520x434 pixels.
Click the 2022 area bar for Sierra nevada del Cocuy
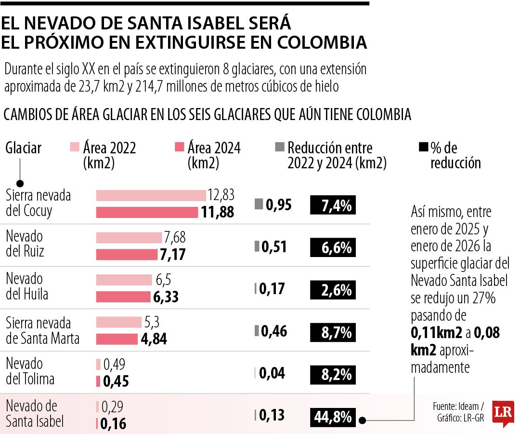(151, 195)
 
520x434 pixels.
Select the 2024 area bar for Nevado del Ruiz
(127, 255)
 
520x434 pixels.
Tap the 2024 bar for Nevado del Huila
(123, 297)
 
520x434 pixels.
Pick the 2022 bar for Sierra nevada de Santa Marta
(119, 322)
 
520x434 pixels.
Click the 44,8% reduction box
(334, 416)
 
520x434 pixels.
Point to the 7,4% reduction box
(334, 205)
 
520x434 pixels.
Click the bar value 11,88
(218, 212)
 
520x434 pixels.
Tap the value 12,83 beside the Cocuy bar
(221, 195)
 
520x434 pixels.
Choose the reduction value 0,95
(279, 205)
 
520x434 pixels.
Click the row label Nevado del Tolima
(30, 371)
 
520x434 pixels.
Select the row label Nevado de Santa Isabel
(34, 414)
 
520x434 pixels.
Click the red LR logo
(503, 413)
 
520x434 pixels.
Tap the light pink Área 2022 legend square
(75, 147)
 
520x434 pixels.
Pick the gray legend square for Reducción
(280, 147)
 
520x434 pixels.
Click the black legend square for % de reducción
(423, 147)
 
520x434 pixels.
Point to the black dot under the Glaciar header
(20, 183)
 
